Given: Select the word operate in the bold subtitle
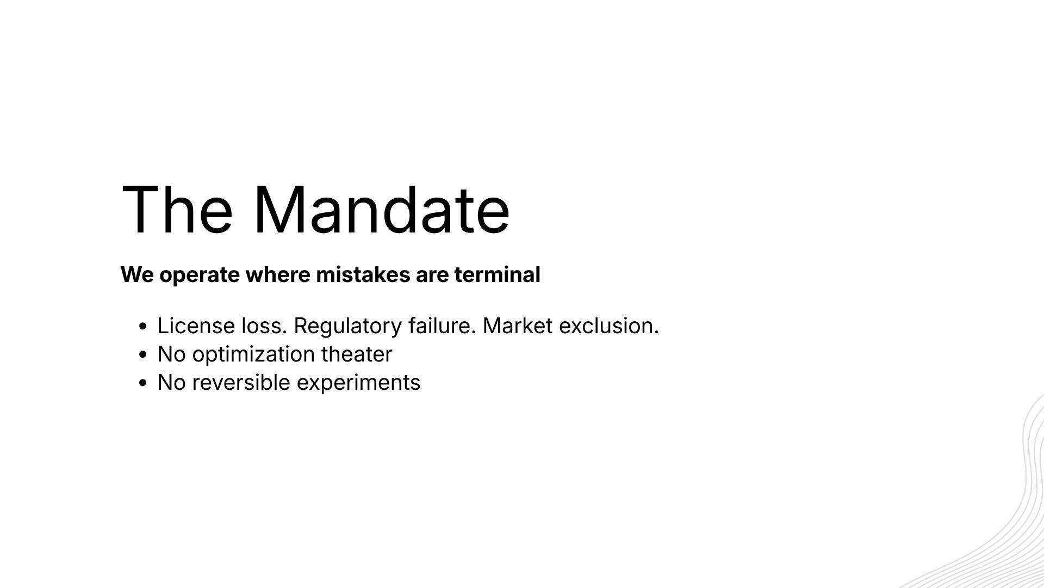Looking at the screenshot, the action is [200, 275].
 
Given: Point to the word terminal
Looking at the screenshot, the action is [497, 274].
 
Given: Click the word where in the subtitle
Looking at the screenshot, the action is [278, 274].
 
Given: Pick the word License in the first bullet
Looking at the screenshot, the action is [196, 326].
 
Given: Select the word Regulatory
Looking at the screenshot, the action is [348, 327].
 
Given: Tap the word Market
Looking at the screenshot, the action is [518, 326].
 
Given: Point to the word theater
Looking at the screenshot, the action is [357, 354].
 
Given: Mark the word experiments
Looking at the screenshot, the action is [359, 383].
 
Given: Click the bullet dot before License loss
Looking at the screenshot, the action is [143, 327].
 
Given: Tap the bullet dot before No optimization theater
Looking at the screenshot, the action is [143, 355].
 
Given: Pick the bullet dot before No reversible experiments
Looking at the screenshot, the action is [143, 383].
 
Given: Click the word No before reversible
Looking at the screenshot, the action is [172, 382].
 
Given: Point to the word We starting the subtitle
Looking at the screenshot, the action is [137, 274].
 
